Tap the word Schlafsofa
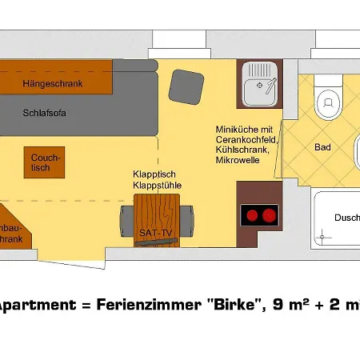click(44, 113)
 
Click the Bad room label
click(322, 148)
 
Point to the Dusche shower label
click(346, 217)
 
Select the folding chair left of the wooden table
click(126, 217)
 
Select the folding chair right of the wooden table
click(186, 217)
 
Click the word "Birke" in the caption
click(234, 304)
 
